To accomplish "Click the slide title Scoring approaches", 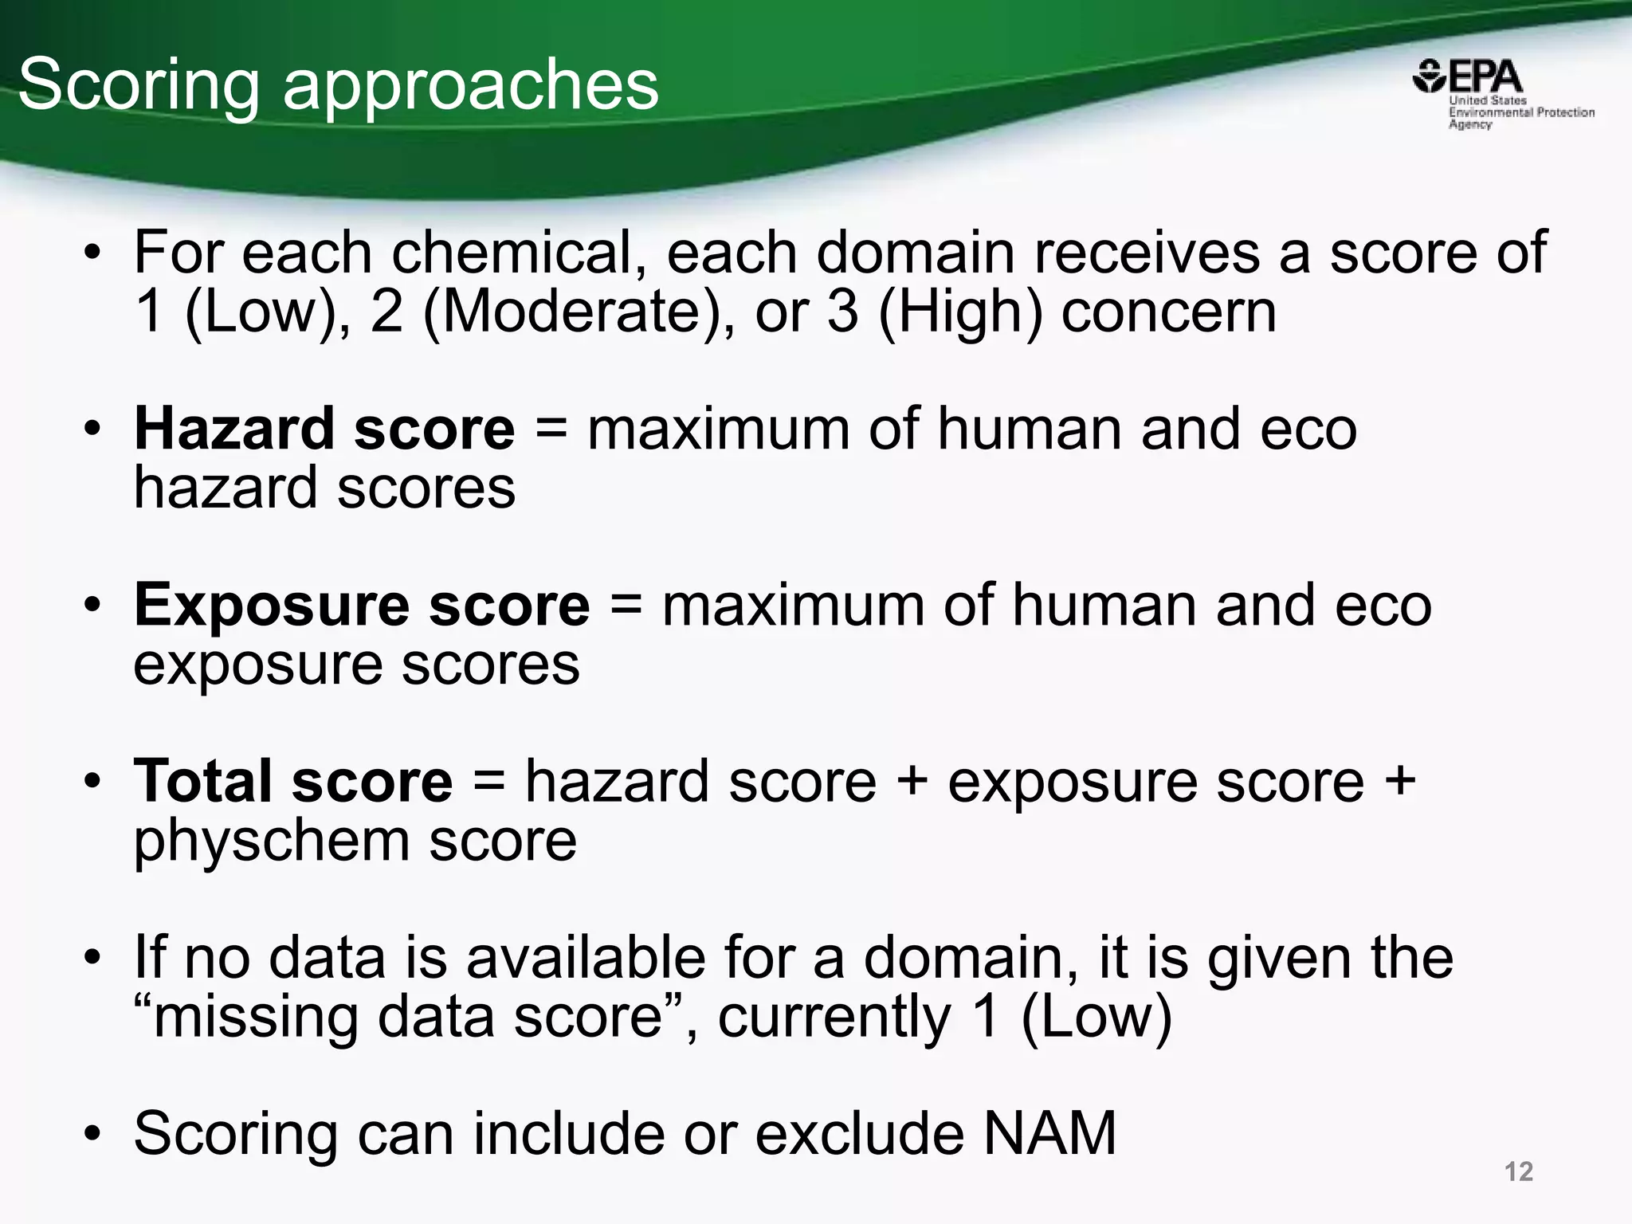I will (x=339, y=85).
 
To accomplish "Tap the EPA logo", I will (x=1468, y=79).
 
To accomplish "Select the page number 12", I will (x=1518, y=1171).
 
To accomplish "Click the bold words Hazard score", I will (x=324, y=429).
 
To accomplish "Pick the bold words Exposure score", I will (x=362, y=605).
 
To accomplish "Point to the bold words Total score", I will (x=292, y=781).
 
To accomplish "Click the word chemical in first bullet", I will (x=519, y=253).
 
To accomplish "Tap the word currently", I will (x=834, y=1017).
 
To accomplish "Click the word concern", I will (x=1168, y=312).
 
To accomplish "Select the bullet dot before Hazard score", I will (x=93, y=429).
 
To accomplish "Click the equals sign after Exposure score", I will (x=626, y=605).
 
